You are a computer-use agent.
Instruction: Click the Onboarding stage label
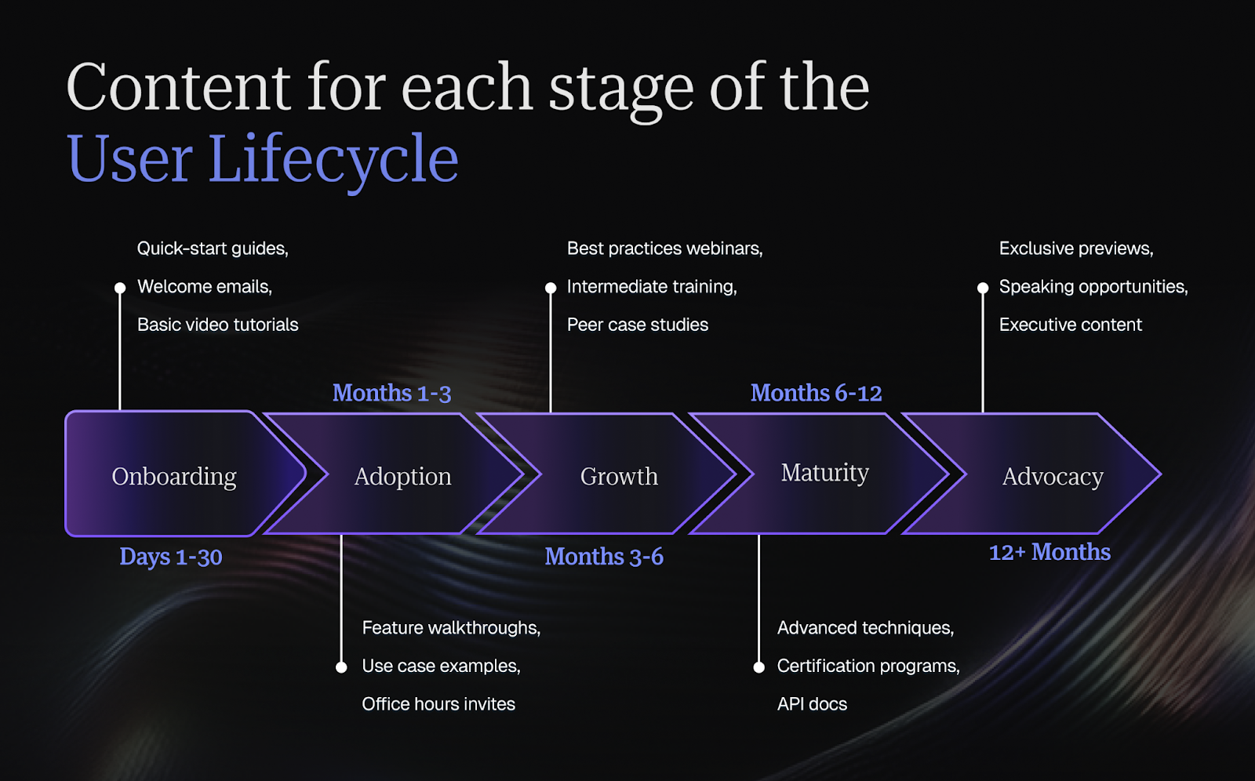(x=174, y=477)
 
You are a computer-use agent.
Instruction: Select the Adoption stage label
(x=402, y=477)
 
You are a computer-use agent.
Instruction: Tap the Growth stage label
(x=619, y=477)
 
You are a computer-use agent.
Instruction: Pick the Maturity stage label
(x=824, y=473)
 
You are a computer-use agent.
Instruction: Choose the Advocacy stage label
(x=1053, y=477)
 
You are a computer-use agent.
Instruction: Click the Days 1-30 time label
(x=171, y=557)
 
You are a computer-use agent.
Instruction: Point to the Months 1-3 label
(x=391, y=393)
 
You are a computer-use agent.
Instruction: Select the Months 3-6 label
(x=604, y=557)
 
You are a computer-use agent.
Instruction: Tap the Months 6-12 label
(x=816, y=393)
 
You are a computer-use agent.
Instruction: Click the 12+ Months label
(x=1049, y=552)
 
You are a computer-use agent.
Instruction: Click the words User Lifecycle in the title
(x=263, y=159)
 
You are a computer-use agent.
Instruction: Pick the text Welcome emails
(x=205, y=287)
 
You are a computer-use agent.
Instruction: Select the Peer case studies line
(x=637, y=325)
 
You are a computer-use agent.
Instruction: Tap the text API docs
(x=812, y=704)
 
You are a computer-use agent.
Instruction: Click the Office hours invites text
(x=438, y=704)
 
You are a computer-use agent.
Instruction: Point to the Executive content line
(x=1070, y=325)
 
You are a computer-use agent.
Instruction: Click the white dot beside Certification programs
(x=758, y=667)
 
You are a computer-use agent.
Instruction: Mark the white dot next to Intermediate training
(x=551, y=288)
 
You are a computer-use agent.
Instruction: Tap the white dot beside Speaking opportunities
(x=983, y=288)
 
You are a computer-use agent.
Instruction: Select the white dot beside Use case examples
(x=341, y=667)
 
